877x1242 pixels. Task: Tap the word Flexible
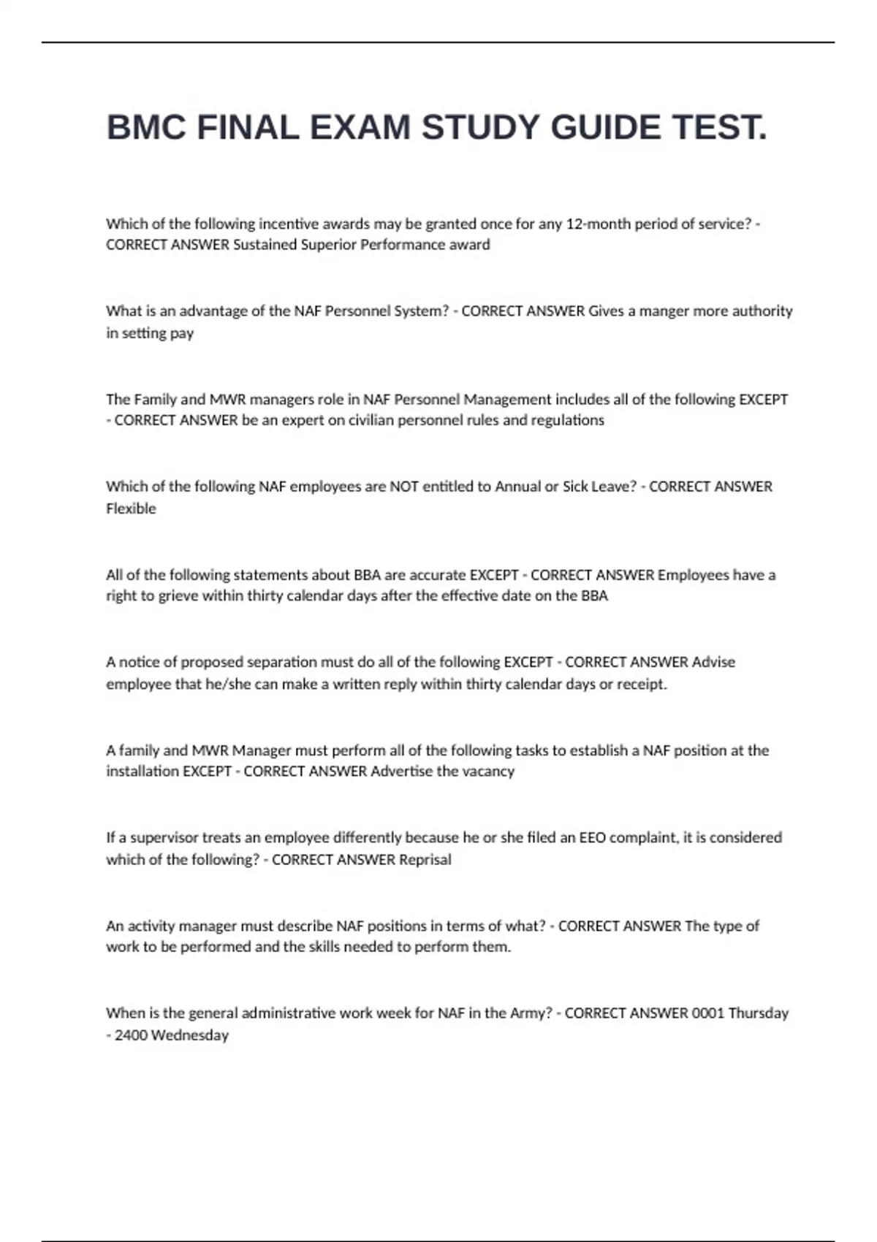[131, 508]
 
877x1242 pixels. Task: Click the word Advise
[713, 662]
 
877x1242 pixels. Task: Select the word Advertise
[402, 772]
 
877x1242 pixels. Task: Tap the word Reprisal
[425, 860]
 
